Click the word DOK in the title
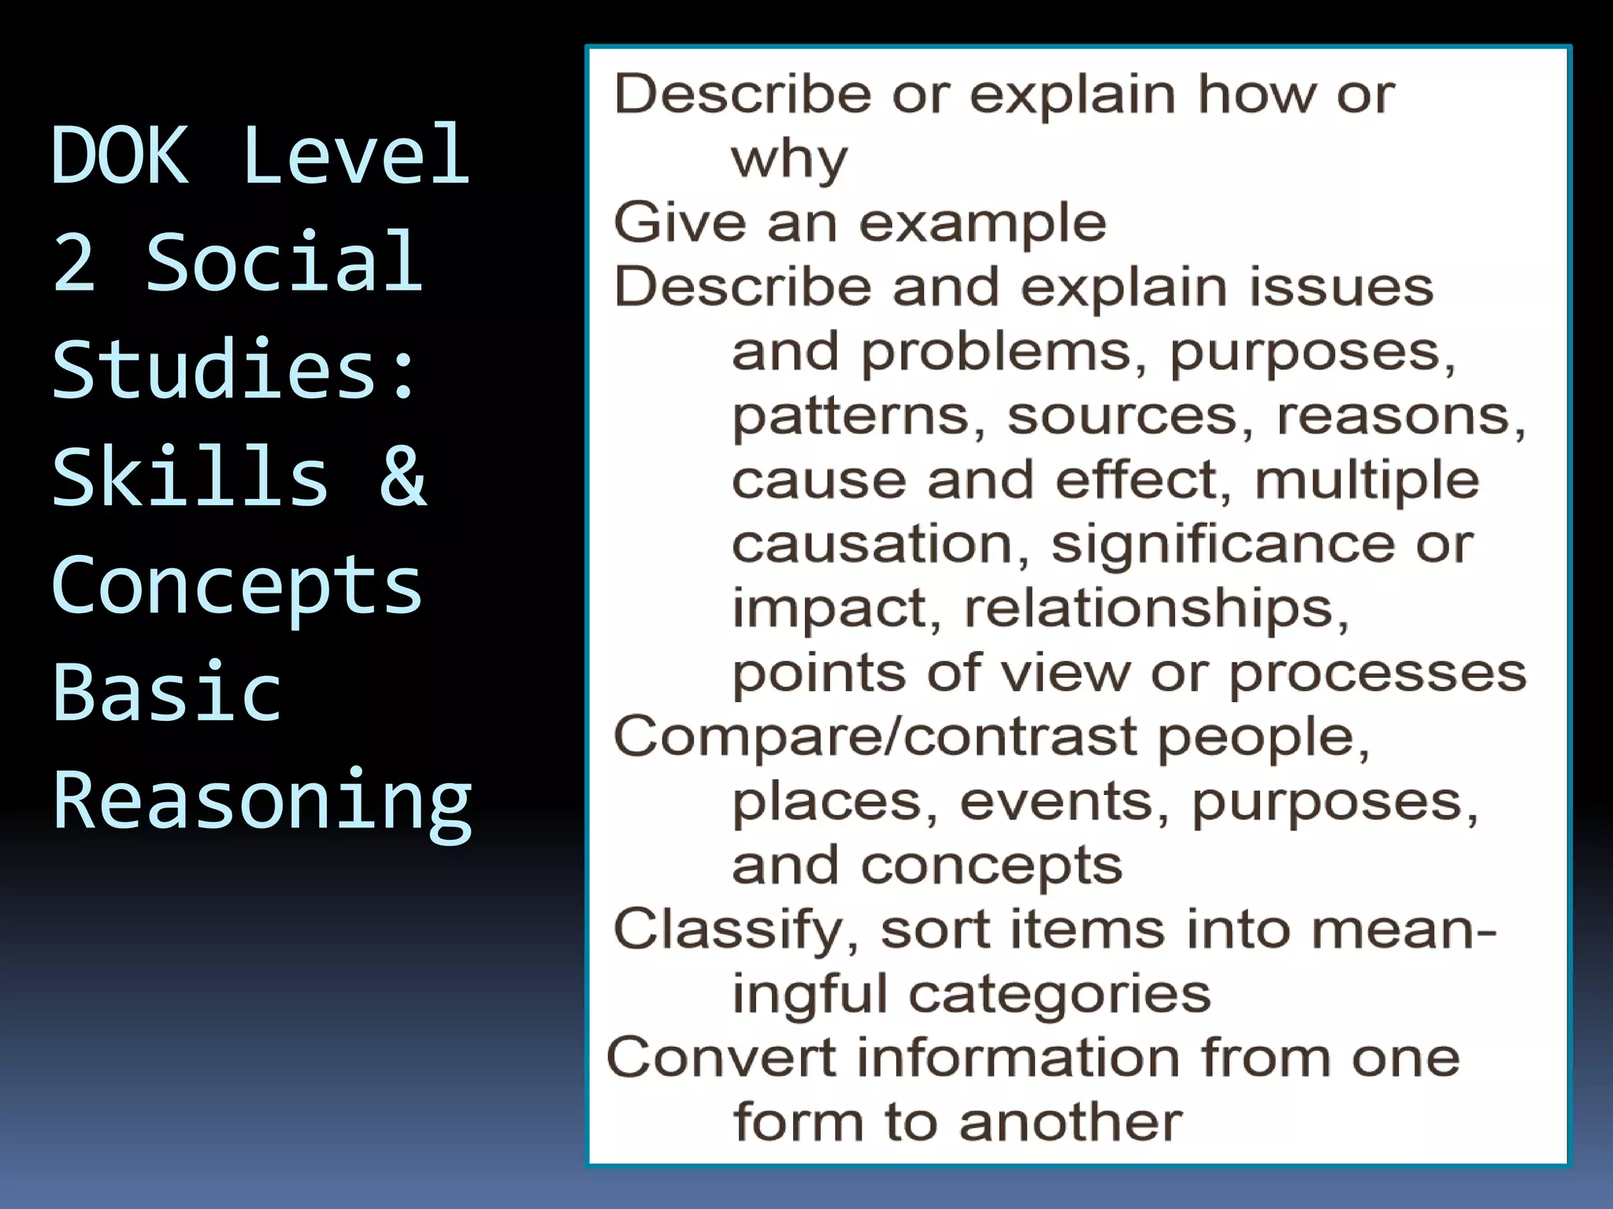point(120,155)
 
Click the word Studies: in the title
point(234,369)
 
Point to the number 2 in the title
point(74,262)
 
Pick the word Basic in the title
point(167,692)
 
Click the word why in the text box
point(789,161)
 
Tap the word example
point(982,223)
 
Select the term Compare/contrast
point(875,738)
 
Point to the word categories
point(1059,994)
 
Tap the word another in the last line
point(1070,1122)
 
